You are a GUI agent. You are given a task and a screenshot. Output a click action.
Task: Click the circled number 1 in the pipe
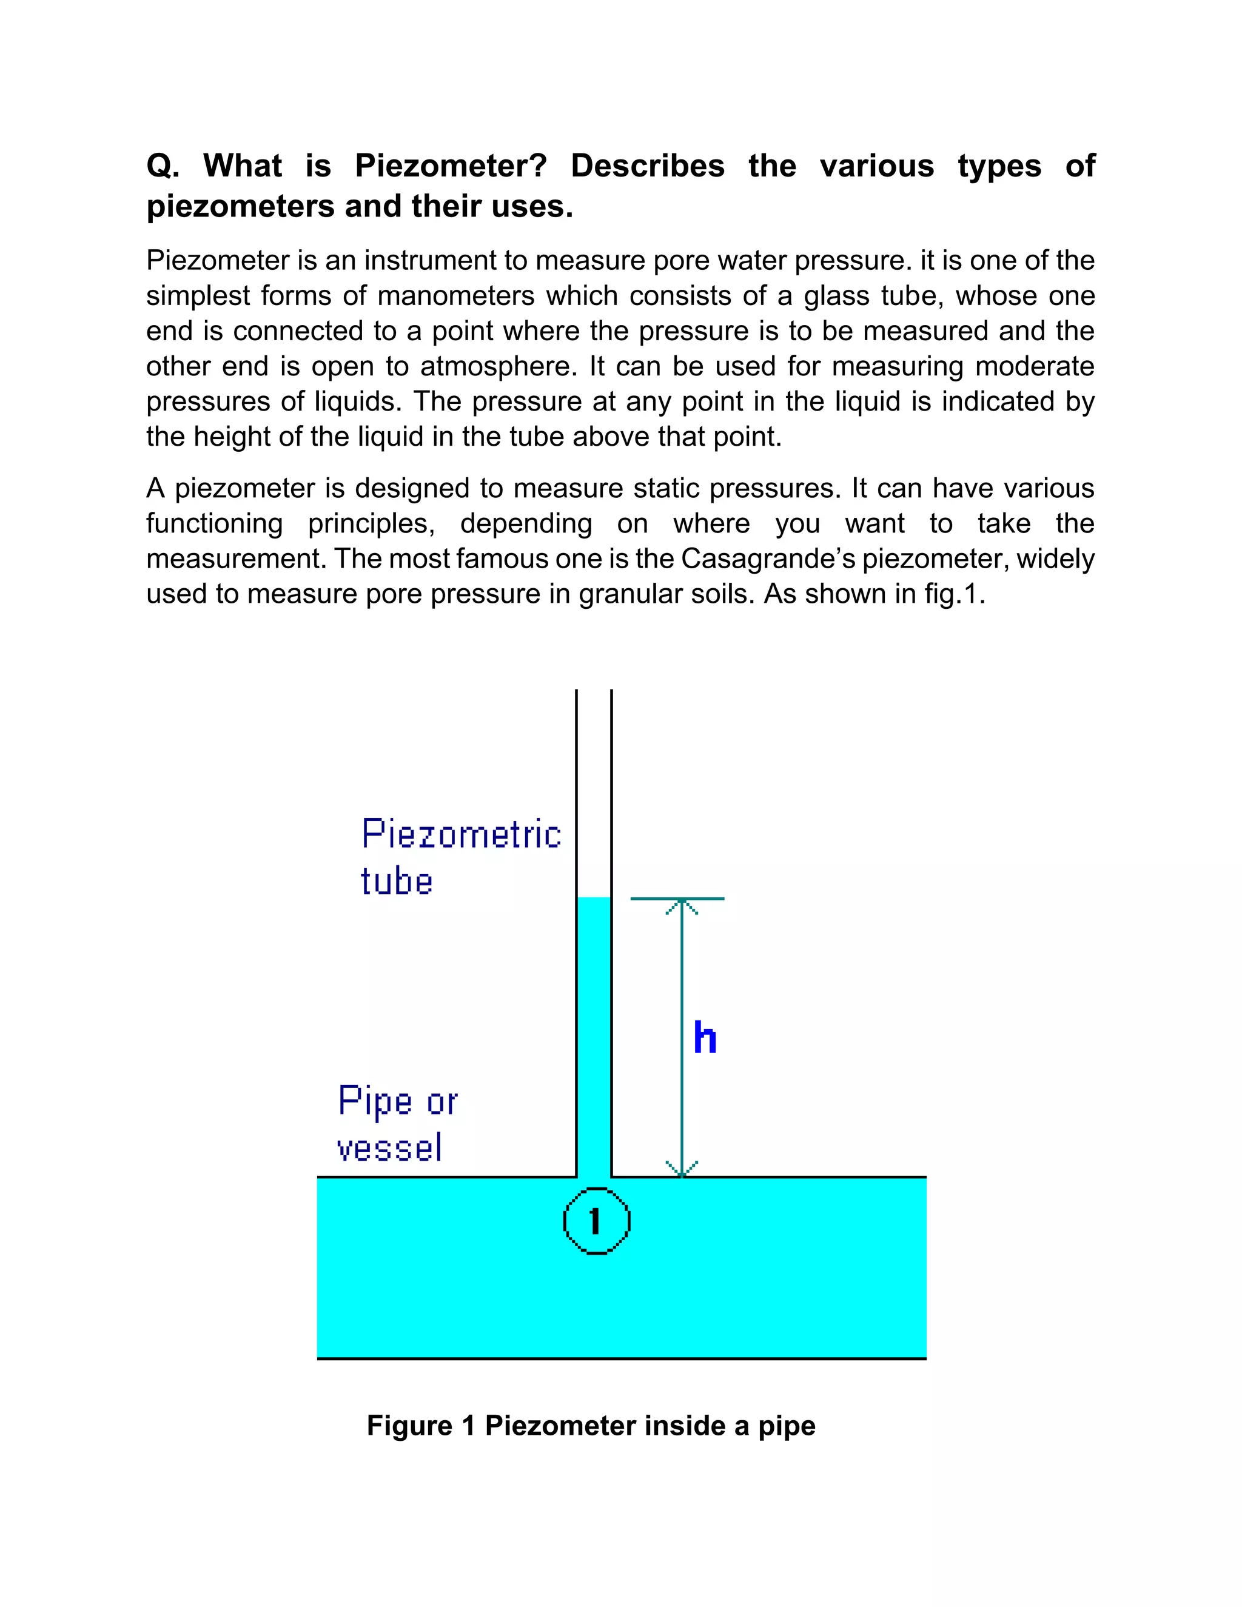[596, 1221]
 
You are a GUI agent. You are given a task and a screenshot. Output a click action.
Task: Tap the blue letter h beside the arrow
[705, 1038]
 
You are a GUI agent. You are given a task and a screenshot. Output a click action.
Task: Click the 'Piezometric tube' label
[461, 857]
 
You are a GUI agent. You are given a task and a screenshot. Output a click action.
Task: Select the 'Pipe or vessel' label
[397, 1124]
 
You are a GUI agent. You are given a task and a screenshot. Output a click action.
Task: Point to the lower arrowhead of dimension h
[682, 1169]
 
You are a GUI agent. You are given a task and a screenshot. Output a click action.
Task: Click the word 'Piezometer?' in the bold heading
[451, 166]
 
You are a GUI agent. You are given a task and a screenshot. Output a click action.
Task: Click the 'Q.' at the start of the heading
[163, 166]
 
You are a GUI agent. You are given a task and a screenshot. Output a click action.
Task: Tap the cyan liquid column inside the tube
[594, 1030]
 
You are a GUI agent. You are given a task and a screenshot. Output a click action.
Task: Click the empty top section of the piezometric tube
[594, 787]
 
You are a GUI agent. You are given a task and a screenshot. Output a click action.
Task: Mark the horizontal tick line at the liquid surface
[677, 899]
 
